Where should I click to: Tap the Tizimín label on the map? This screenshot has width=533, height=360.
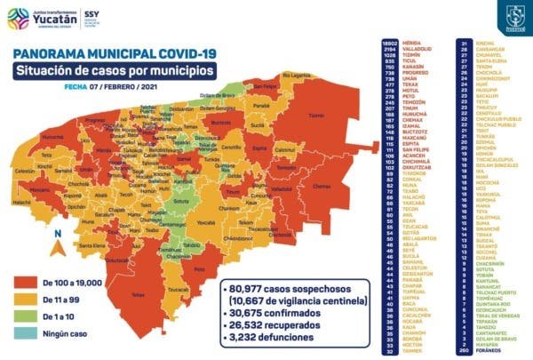point(315,116)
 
